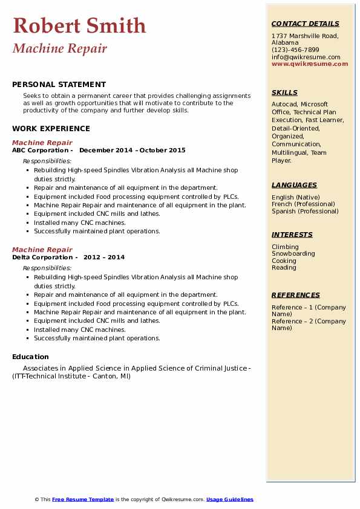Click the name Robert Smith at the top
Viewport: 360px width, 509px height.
click(x=79, y=25)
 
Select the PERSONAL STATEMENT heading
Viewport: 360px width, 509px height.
click(x=59, y=85)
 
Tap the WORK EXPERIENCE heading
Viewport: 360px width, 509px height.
click(x=51, y=128)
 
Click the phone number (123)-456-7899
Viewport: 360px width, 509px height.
click(x=295, y=50)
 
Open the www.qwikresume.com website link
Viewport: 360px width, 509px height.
click(x=310, y=63)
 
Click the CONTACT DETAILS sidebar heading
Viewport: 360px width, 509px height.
click(x=305, y=24)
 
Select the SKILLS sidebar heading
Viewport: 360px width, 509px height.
click(x=284, y=93)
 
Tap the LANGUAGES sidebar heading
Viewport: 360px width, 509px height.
click(x=294, y=185)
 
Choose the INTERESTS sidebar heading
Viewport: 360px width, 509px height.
click(x=292, y=235)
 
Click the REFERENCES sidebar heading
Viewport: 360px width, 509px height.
click(x=296, y=295)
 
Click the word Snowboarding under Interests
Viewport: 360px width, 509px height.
click(x=293, y=254)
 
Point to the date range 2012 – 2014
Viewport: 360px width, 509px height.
click(x=104, y=258)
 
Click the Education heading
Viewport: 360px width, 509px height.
click(x=30, y=357)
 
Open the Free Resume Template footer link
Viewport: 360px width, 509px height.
click(x=83, y=499)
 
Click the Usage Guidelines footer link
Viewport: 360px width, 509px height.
click(x=230, y=499)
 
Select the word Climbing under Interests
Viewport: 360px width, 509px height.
click(x=285, y=247)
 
